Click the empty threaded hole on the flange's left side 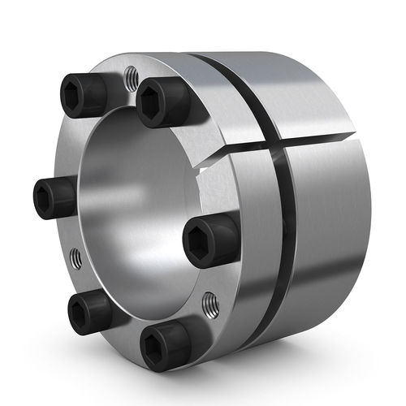[75, 259]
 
